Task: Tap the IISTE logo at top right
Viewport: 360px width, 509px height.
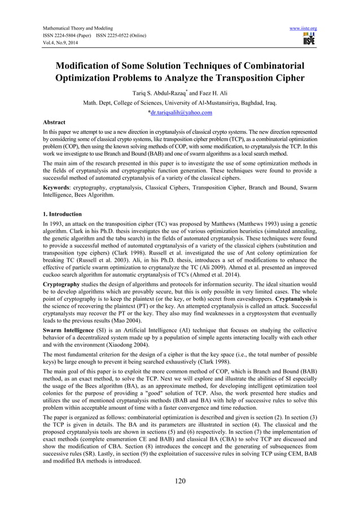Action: (309, 39)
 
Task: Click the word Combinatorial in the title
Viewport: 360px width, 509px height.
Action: (268, 65)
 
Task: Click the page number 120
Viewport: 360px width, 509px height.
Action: (180, 482)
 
